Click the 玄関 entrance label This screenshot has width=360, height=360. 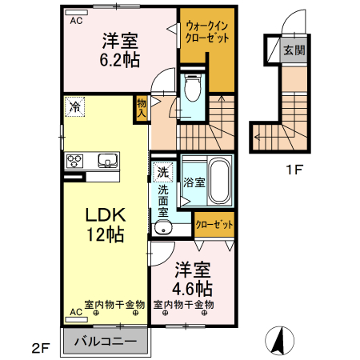pyautogui.click(x=294, y=50)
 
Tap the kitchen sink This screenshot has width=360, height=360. pyautogui.click(x=107, y=162)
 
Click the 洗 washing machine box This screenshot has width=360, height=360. pyautogui.click(x=162, y=172)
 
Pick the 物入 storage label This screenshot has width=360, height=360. pyautogui.click(x=141, y=107)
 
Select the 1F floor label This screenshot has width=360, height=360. pyautogui.click(x=294, y=169)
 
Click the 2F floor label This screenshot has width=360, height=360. pyautogui.click(x=41, y=348)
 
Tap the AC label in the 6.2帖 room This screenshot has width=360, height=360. pyautogui.click(x=75, y=22)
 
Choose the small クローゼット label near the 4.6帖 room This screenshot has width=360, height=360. pyautogui.click(x=214, y=226)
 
